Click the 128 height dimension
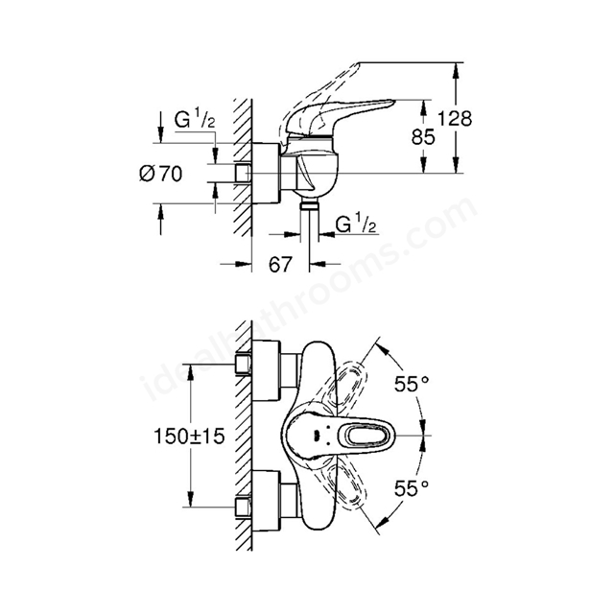pyautogui.click(x=454, y=118)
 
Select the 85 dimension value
pyautogui.click(x=423, y=136)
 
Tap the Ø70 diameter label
pyautogui.click(x=161, y=174)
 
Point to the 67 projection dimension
pyautogui.click(x=280, y=265)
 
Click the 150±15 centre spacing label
pyautogui.click(x=190, y=436)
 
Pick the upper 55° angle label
pyautogui.click(x=412, y=384)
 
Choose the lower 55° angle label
pyautogui.click(x=412, y=488)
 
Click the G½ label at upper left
pyautogui.click(x=195, y=120)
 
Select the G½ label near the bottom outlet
pyautogui.click(x=356, y=224)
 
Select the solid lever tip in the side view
pyautogui.click(x=388, y=104)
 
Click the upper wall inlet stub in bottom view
pyautogui.click(x=243, y=365)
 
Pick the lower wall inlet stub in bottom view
pyautogui.click(x=243, y=507)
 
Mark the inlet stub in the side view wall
pyautogui.click(x=243, y=173)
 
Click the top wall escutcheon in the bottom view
pyautogui.click(x=267, y=370)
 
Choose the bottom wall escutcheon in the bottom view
pyautogui.click(x=267, y=502)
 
